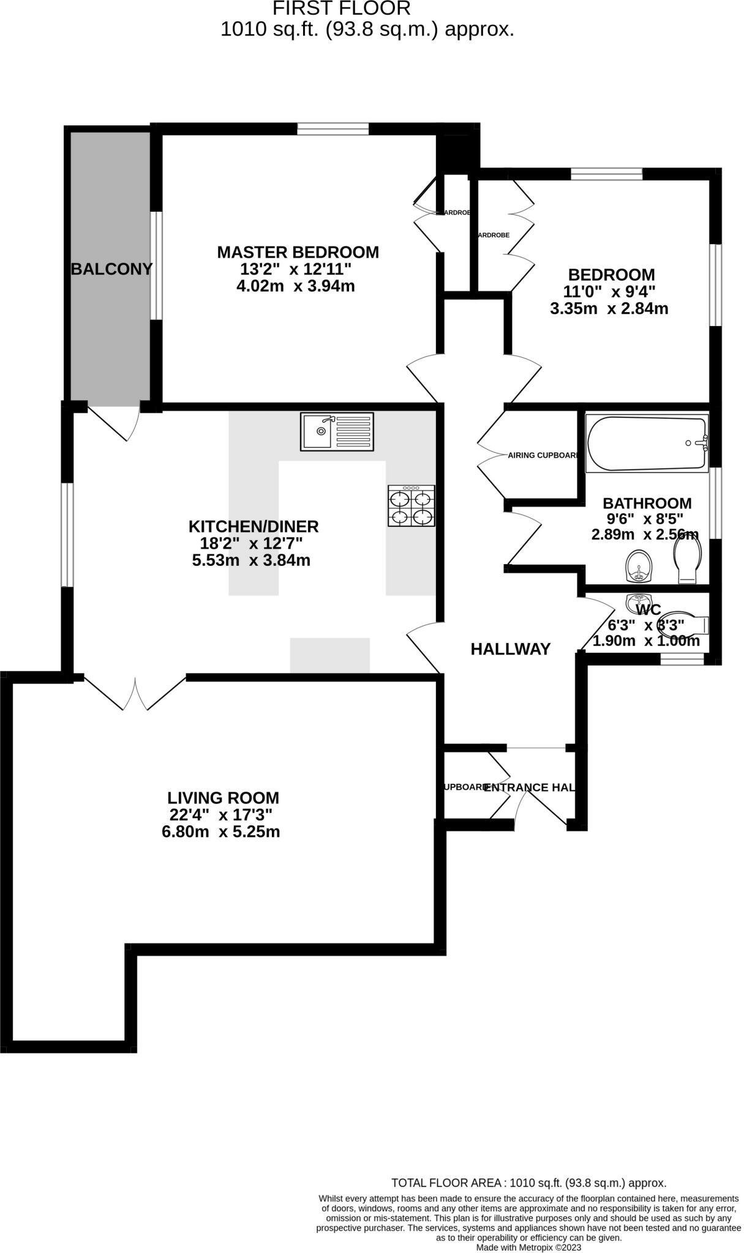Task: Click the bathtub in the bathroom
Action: click(647, 444)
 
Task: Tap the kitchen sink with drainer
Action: click(337, 432)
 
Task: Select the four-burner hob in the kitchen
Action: click(411, 506)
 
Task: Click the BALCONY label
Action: click(111, 269)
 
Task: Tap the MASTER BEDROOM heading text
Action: click(298, 252)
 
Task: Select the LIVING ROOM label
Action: click(223, 798)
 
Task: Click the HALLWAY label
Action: click(510, 649)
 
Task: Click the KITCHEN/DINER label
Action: click(254, 526)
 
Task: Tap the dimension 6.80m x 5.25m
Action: click(220, 831)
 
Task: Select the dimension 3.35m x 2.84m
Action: click(609, 308)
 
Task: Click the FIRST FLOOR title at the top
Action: click(341, 9)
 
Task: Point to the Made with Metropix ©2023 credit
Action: click(528, 1247)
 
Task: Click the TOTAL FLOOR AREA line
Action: click(528, 1183)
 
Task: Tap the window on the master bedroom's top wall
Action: click(333, 128)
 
